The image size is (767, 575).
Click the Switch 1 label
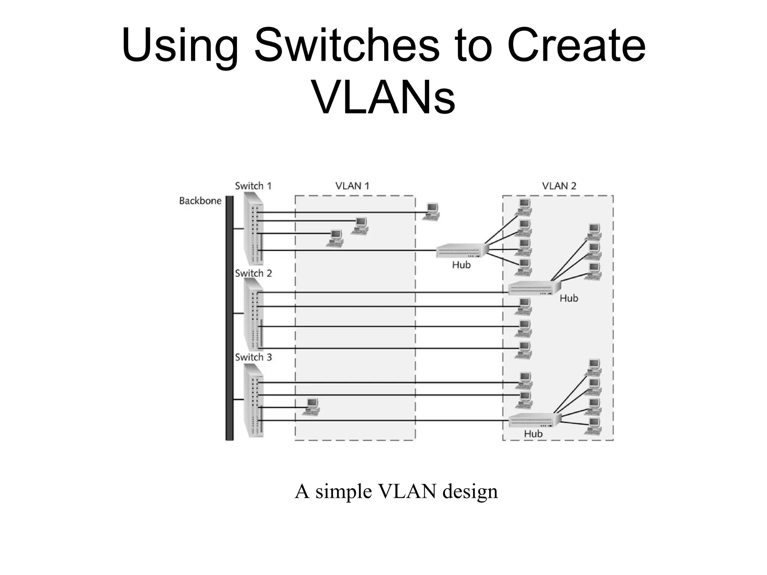[x=253, y=186]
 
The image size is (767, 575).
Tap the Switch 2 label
[x=253, y=273]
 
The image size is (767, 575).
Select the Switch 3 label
[x=253, y=357]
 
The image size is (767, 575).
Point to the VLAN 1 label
[x=352, y=186]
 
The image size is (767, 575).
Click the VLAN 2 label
[x=559, y=186]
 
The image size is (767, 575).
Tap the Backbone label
[x=200, y=201]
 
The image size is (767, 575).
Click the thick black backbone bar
[x=229, y=318]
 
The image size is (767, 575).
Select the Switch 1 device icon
[x=254, y=228]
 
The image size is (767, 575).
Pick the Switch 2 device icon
[x=254, y=314]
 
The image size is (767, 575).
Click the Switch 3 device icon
[x=254, y=401]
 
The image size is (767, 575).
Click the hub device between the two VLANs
[x=463, y=250]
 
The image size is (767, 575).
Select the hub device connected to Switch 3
[x=534, y=420]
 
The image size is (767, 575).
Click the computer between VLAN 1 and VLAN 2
[x=431, y=212]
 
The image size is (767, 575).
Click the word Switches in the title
[x=347, y=47]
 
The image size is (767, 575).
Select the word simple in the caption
[x=344, y=491]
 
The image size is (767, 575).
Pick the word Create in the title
[x=577, y=47]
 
